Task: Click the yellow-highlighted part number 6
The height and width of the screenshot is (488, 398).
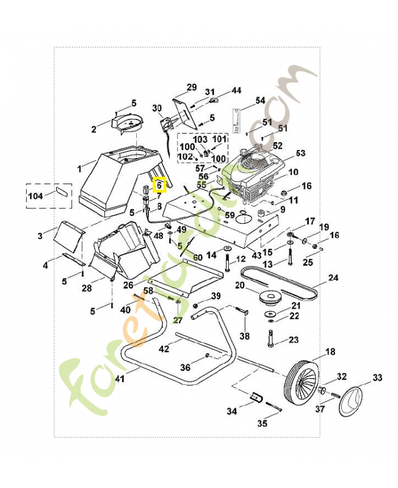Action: point(159,184)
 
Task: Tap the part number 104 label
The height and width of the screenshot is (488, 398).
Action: point(36,196)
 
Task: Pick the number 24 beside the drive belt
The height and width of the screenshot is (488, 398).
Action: point(333,278)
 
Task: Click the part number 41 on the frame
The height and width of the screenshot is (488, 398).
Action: point(119,379)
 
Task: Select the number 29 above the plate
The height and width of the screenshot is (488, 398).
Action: point(191,87)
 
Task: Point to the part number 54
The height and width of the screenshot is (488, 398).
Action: point(261,100)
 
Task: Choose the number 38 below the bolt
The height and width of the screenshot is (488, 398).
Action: point(245,336)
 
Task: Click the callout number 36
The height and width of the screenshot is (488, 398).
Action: point(186,367)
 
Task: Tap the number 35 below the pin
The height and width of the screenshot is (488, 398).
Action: point(262,423)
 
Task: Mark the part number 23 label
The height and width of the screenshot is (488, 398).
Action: point(294,340)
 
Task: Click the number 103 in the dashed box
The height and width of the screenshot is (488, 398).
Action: point(201,139)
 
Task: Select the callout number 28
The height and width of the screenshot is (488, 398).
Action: point(86,288)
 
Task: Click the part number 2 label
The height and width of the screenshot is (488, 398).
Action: point(93,129)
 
